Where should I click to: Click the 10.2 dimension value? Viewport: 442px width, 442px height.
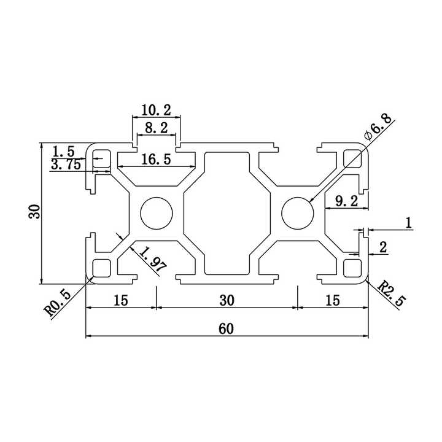tap(156, 110)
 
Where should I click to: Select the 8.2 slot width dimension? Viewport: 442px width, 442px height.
tap(156, 128)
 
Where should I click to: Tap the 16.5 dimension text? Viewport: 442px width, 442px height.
tap(155, 160)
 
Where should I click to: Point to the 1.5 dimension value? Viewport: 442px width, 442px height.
tap(63, 151)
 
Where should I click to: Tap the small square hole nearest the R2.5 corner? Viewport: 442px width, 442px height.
tap(353, 268)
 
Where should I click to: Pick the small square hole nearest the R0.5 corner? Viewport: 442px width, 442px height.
tap(101, 268)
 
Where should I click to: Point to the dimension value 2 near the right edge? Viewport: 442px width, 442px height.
tap(383, 247)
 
